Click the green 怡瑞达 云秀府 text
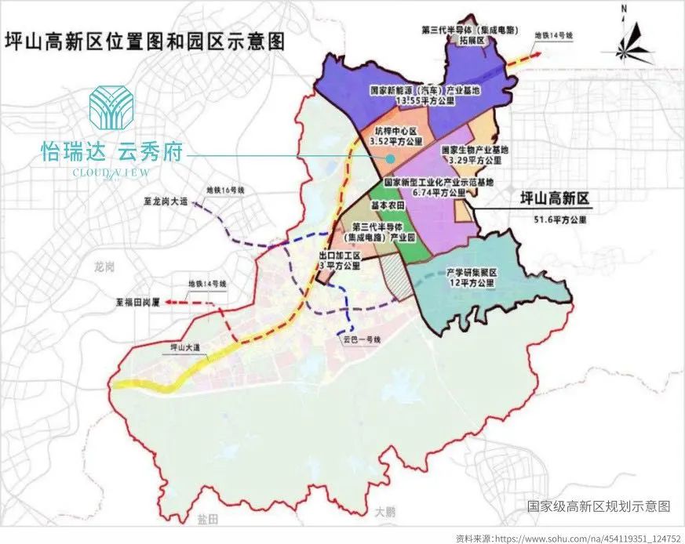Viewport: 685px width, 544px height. point(111,152)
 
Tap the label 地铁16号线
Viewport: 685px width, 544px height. point(227,190)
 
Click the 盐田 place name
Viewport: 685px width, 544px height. point(206,521)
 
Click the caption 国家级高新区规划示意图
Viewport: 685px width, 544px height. point(599,506)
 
